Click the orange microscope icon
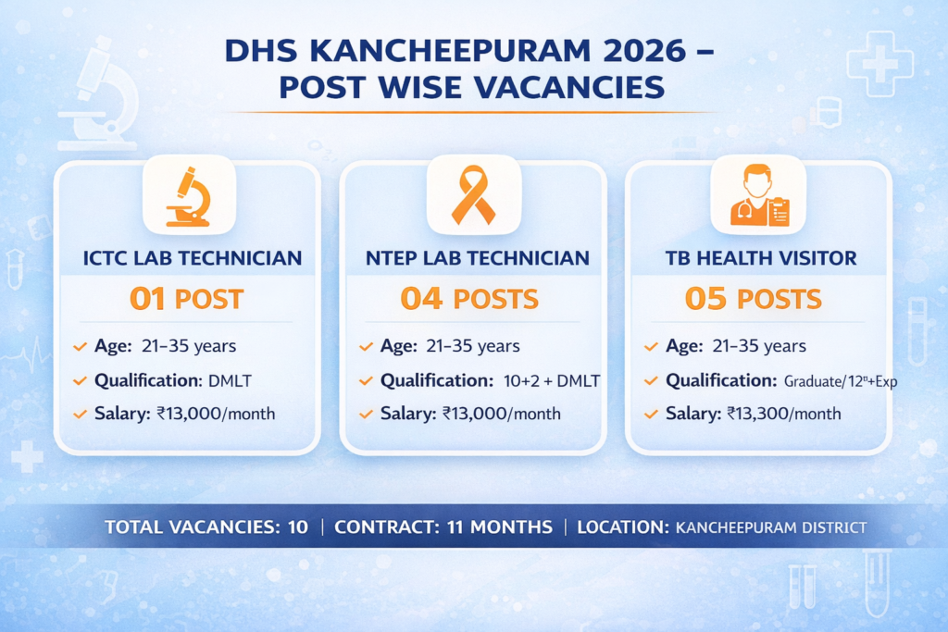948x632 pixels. click(x=188, y=196)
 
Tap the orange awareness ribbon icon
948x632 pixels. click(x=473, y=196)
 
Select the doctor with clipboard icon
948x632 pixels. click(x=757, y=196)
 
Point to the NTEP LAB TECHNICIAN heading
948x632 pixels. click(x=473, y=258)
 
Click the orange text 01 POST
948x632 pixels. click(x=186, y=299)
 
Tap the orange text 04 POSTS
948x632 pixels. click(x=469, y=299)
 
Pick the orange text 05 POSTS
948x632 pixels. click(x=753, y=299)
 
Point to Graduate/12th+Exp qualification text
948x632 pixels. click(x=841, y=380)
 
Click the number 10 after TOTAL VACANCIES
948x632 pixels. click(x=297, y=527)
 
